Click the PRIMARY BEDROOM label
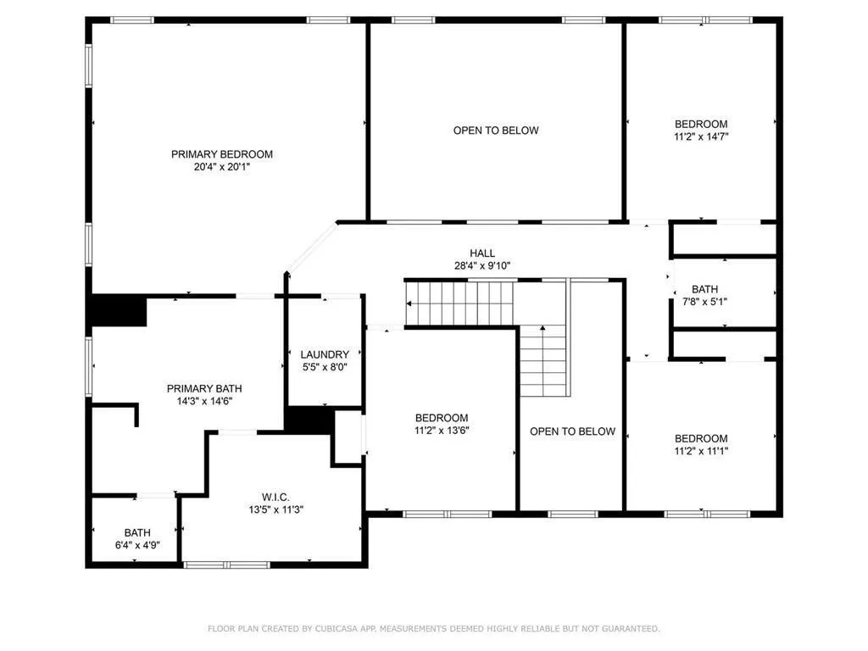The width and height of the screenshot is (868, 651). [222, 154]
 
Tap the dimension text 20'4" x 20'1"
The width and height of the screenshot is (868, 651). [222, 168]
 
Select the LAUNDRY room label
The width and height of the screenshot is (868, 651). [325, 354]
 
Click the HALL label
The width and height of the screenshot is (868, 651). [482, 253]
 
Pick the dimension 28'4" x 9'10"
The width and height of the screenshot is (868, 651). [482, 265]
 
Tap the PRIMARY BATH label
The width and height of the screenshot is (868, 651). [198, 388]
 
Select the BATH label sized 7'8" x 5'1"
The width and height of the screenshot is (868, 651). [704, 289]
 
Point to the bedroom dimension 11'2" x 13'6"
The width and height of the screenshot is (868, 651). [442, 431]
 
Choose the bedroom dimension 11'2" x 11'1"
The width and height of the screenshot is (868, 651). [701, 451]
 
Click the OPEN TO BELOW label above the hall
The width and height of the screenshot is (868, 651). [496, 131]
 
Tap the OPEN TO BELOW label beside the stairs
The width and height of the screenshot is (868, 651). [572, 431]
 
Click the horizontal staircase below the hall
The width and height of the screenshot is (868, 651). [462, 303]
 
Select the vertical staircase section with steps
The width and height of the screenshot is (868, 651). [542, 361]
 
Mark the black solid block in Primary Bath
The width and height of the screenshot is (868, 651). [119, 310]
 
